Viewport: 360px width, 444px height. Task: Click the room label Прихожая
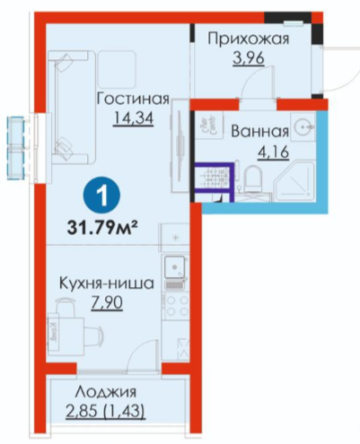click(249, 39)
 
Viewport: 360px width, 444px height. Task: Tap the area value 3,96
click(249, 59)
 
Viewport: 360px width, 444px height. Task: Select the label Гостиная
click(133, 99)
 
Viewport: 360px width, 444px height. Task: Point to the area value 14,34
click(133, 118)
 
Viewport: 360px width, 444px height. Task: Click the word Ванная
click(260, 132)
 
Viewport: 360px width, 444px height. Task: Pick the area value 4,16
click(273, 152)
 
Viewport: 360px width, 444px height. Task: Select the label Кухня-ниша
click(107, 283)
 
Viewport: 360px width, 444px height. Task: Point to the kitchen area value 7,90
click(107, 303)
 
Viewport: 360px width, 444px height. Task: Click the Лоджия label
click(106, 392)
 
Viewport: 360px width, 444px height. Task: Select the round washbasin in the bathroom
click(303, 127)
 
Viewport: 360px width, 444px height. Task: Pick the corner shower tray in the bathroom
click(295, 181)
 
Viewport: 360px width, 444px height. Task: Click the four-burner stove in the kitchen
click(176, 307)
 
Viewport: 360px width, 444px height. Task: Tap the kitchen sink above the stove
click(175, 266)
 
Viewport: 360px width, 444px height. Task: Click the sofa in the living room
click(72, 107)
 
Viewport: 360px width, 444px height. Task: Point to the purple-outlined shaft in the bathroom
click(214, 178)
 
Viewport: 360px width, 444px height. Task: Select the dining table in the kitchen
click(66, 333)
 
